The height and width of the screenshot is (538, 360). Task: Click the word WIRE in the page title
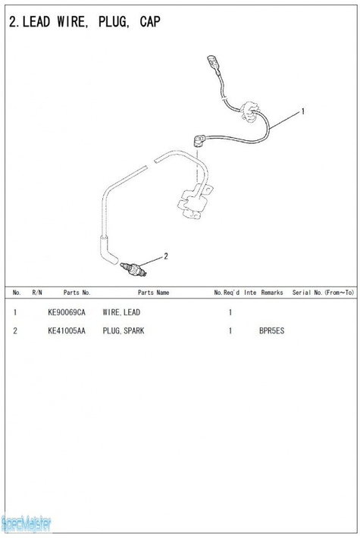coord(70,22)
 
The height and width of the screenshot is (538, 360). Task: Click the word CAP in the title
coord(150,22)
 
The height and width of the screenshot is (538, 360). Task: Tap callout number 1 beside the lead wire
coord(302,111)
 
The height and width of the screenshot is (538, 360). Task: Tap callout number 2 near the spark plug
coord(166,256)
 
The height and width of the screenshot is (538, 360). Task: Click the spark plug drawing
coord(133,269)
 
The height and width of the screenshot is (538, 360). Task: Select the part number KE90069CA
coord(67,312)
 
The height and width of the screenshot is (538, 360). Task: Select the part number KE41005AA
coord(67,331)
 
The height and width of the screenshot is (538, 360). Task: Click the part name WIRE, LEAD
coord(121,312)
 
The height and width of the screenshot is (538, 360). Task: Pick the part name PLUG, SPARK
coord(124,331)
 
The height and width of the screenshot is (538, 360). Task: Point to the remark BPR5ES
coord(272,331)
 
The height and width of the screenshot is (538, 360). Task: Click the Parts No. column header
coord(77,292)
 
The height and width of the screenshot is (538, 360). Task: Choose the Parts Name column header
coord(153,292)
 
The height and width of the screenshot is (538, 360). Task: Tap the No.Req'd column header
coord(227,292)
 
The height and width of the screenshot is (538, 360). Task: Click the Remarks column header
coord(272,292)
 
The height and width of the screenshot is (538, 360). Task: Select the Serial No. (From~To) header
coord(323,292)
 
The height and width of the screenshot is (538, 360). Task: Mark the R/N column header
coord(37,292)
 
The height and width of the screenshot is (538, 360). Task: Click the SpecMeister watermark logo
coord(26,524)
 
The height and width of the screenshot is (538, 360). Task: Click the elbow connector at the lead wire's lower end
coord(200,140)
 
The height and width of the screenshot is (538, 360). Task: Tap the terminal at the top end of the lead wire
coord(212,63)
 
